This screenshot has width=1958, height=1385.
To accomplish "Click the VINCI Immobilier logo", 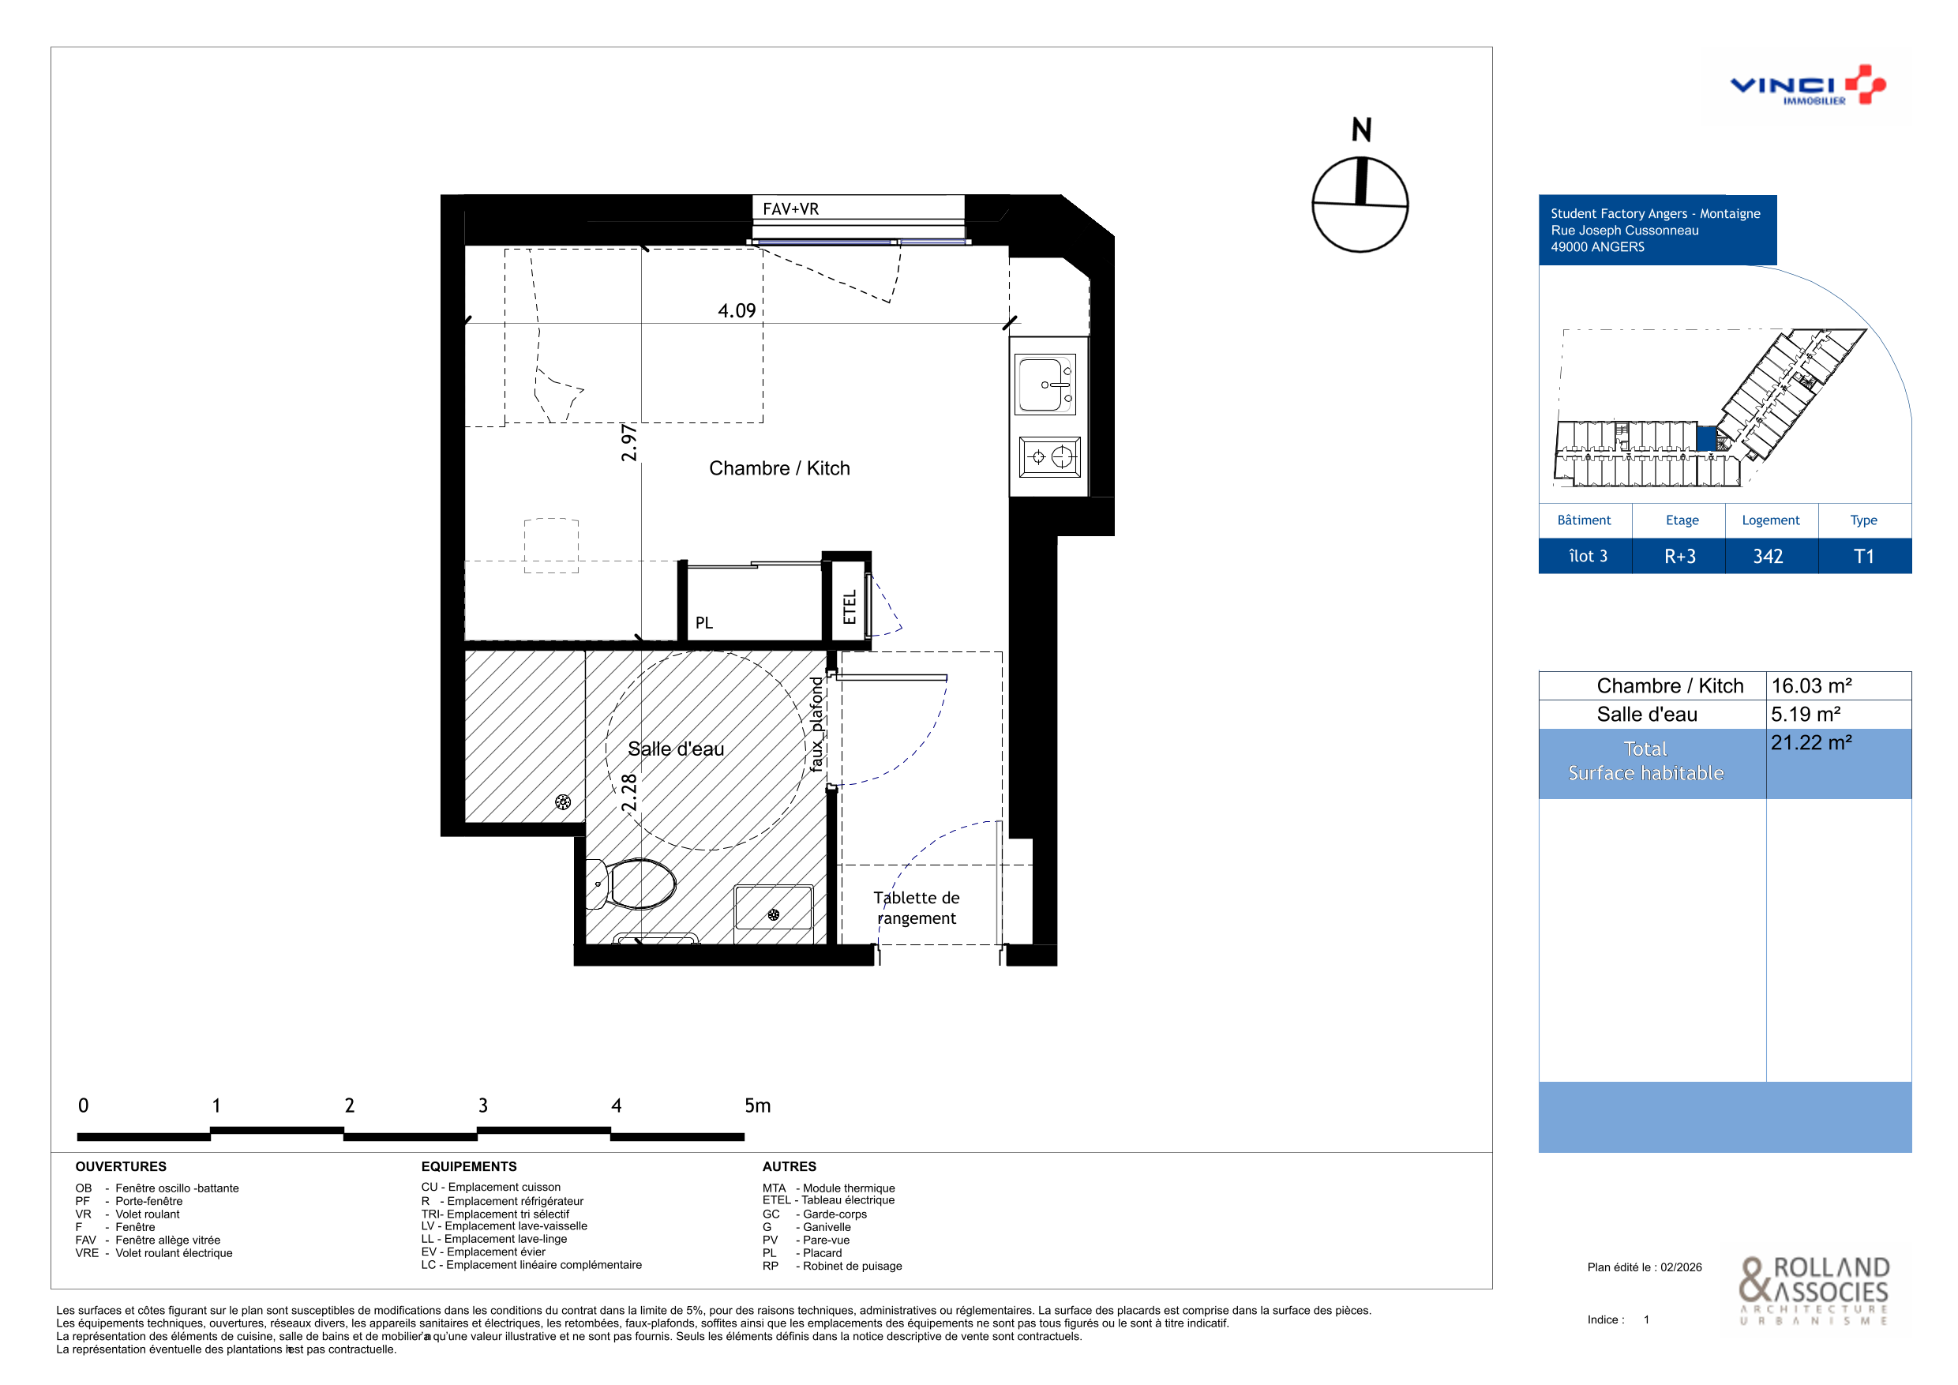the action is point(1807,85).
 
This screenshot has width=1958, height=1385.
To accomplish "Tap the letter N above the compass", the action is point(1361,129).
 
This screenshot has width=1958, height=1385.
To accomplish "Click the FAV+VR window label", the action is point(790,209).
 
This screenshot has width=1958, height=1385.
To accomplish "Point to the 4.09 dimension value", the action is point(737,310).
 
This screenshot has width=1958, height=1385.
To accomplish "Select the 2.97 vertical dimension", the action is point(628,443).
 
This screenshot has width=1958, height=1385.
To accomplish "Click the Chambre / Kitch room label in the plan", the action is point(779,468).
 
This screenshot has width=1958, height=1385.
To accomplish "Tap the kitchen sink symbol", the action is point(1045,385).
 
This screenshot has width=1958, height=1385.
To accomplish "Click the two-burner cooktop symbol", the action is point(1050,457).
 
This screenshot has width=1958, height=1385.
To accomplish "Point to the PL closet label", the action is point(703,622).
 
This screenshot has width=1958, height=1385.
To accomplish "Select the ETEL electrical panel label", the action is point(850,607).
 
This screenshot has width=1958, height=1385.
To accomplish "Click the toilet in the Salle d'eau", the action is point(632,884).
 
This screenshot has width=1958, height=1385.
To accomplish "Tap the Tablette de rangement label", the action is point(917,907).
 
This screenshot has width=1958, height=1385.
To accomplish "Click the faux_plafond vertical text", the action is point(816,724).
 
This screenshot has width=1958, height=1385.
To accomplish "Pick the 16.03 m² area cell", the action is point(1811,685).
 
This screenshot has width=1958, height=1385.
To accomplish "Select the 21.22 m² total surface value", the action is point(1811,742).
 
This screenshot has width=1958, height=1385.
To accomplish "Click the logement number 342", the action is point(1768,556).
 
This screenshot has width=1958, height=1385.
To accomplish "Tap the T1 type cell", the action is point(1864,556).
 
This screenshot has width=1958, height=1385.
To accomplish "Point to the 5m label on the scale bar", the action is point(757,1105).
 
